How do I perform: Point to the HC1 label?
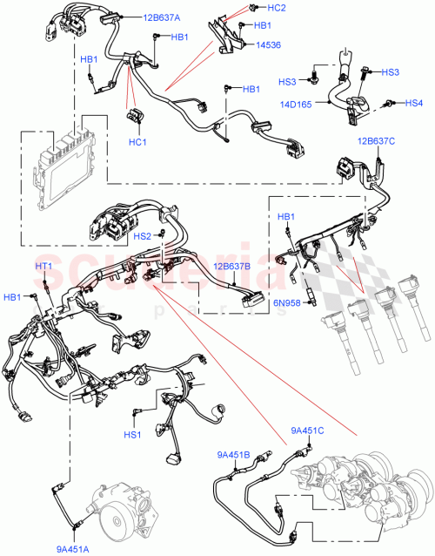[x=137, y=142]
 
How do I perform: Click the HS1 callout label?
[x=132, y=435]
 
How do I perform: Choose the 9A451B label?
[x=234, y=452]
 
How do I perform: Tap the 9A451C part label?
[x=308, y=429]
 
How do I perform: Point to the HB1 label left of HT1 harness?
[x=12, y=298]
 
